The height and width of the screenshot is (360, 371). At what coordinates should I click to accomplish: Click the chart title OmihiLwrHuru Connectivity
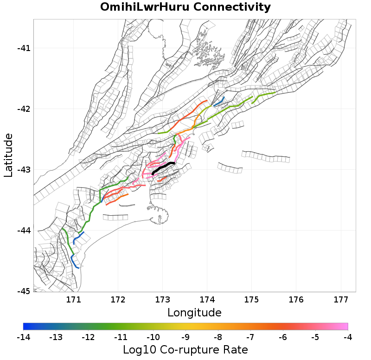click(185, 7)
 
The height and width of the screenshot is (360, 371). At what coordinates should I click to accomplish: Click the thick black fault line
click(163, 167)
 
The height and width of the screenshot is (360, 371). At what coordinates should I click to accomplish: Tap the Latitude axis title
click(8, 155)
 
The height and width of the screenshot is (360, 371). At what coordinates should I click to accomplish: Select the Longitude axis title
click(194, 312)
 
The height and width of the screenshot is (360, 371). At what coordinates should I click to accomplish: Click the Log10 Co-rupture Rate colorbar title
click(185, 349)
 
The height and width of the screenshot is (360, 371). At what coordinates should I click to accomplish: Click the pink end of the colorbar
click(345, 326)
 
